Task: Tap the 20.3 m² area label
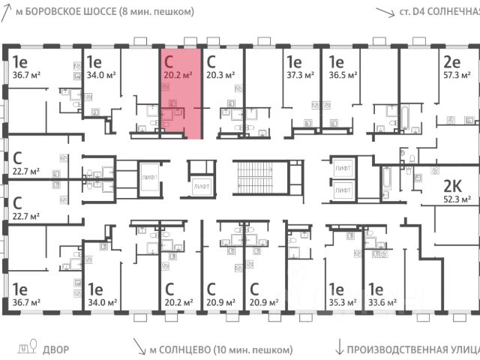220,74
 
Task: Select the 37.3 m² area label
298,74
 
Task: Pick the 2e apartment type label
451,61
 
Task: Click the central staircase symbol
256,177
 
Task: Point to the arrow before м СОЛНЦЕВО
139,347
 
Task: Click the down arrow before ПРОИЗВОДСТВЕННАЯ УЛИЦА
340,347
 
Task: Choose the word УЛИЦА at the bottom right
456,349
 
